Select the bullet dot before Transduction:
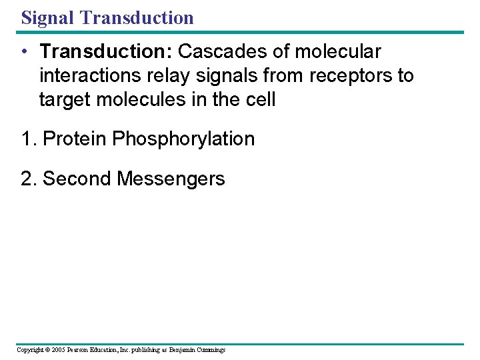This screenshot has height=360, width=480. (24, 52)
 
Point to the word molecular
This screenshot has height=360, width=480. (338, 51)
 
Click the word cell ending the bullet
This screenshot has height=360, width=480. (261, 100)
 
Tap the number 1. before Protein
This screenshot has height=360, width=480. (29, 139)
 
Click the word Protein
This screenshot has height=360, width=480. (75, 139)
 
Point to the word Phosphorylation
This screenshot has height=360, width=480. (183, 139)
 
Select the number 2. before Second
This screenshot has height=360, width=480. (29, 179)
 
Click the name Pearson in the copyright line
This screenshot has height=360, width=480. (79, 350)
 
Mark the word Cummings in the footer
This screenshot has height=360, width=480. (210, 350)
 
